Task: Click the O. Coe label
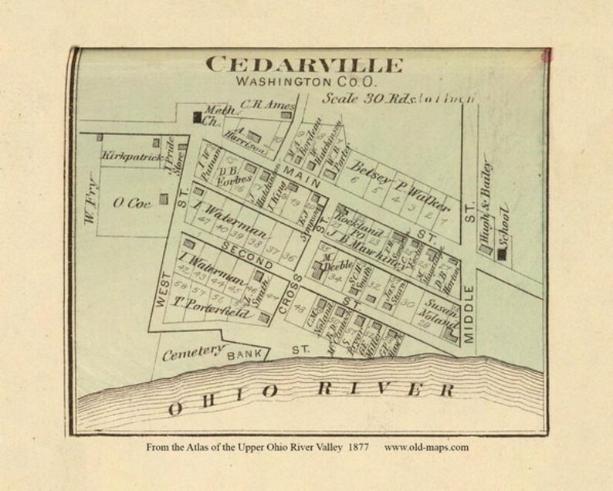130,202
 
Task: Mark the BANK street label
245,356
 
